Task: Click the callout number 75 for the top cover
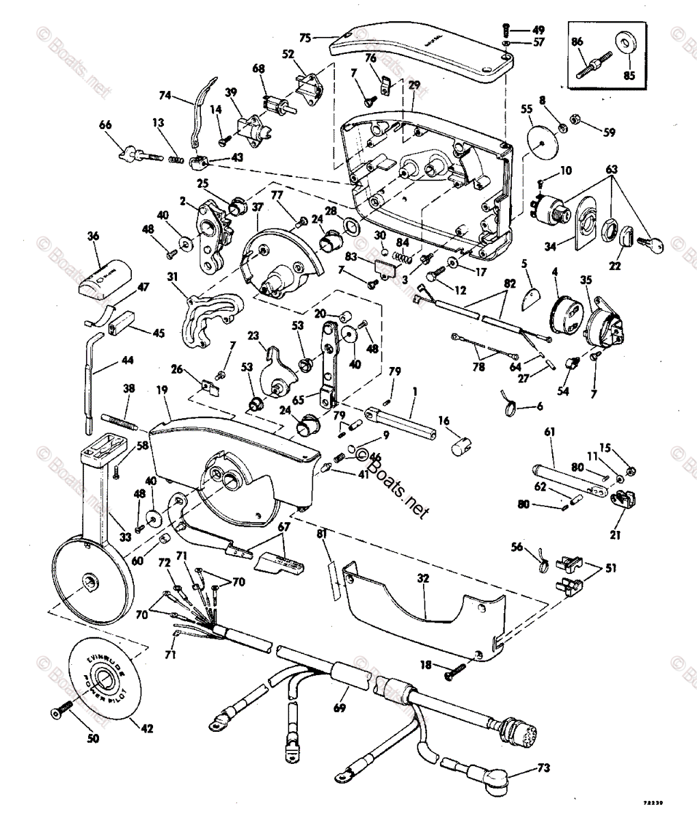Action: (x=305, y=38)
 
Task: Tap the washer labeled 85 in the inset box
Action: (x=625, y=41)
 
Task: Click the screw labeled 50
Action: (x=59, y=712)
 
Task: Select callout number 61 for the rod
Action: (x=549, y=432)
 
